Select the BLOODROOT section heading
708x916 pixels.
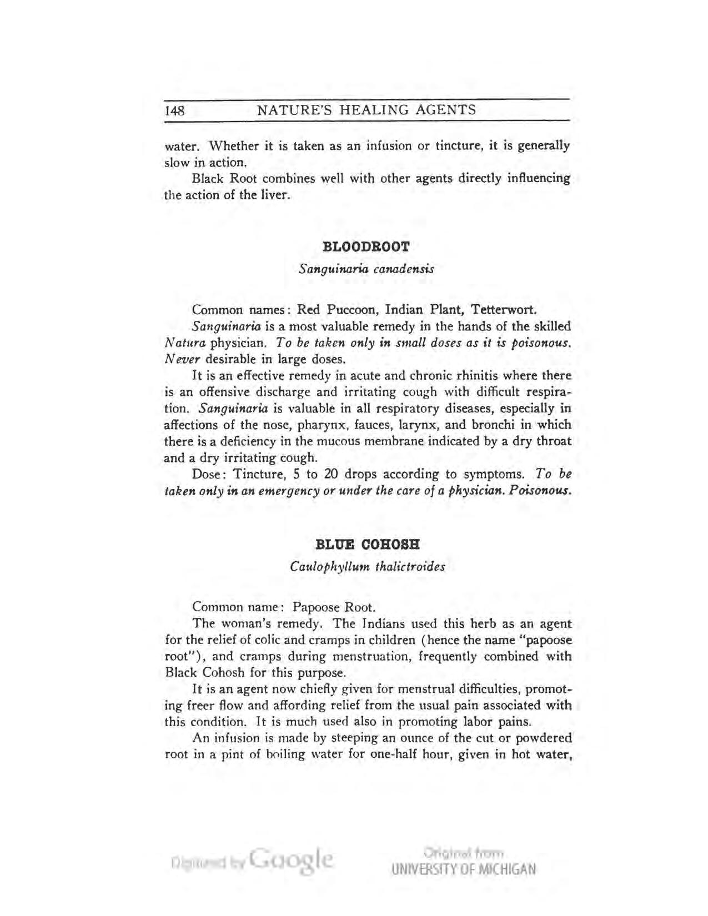[366, 246]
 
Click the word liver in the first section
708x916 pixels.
[277, 195]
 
